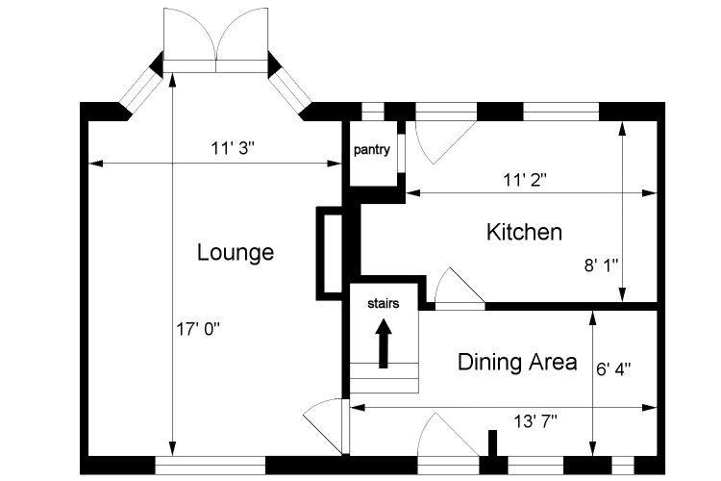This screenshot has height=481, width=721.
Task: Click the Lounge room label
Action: [236, 253]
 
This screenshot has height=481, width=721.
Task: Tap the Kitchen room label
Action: [524, 232]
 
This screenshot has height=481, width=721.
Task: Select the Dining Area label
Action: [517, 363]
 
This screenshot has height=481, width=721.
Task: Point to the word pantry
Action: [371, 150]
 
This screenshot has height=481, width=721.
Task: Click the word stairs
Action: [383, 302]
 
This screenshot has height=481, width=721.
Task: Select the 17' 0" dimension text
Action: [198, 328]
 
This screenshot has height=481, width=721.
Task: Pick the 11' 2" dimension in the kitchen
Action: [525, 178]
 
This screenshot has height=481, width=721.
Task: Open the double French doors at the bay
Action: [216, 38]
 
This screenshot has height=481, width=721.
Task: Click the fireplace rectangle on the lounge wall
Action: [330, 252]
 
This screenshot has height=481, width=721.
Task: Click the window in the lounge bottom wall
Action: [209, 463]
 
